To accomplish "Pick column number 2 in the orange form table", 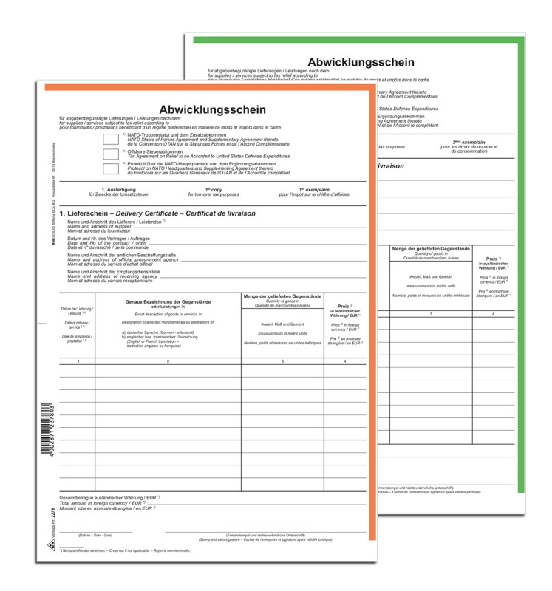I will click(x=168, y=361).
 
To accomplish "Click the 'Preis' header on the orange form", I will click(x=343, y=305).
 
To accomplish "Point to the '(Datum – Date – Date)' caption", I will click(x=97, y=535).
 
